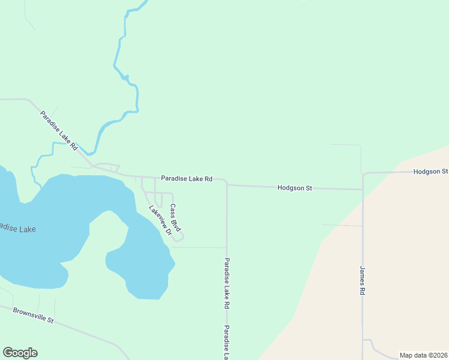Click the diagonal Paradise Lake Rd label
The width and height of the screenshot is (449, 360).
(x=59, y=130)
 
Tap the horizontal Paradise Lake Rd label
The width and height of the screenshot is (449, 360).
(x=187, y=179)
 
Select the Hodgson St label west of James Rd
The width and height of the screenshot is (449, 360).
(x=295, y=188)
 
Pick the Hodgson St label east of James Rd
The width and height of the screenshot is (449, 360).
(x=430, y=172)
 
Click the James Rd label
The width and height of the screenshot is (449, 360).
(x=363, y=280)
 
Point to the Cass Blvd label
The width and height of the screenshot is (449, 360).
(x=175, y=218)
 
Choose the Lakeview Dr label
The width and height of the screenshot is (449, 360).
(x=160, y=220)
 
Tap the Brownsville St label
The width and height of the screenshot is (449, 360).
(x=33, y=316)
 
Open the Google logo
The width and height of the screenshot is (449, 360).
(x=20, y=353)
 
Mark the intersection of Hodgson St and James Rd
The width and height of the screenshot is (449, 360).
(x=363, y=189)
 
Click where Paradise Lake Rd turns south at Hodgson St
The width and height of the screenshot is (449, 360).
(x=226, y=184)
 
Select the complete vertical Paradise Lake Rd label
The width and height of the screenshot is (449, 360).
(x=227, y=283)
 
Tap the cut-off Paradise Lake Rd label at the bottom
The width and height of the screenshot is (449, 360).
(x=227, y=342)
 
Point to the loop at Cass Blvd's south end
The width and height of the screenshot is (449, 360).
(x=177, y=238)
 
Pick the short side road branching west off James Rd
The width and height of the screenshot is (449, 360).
(x=342, y=226)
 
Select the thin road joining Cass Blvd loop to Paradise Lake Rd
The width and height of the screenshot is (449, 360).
(x=198, y=247)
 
